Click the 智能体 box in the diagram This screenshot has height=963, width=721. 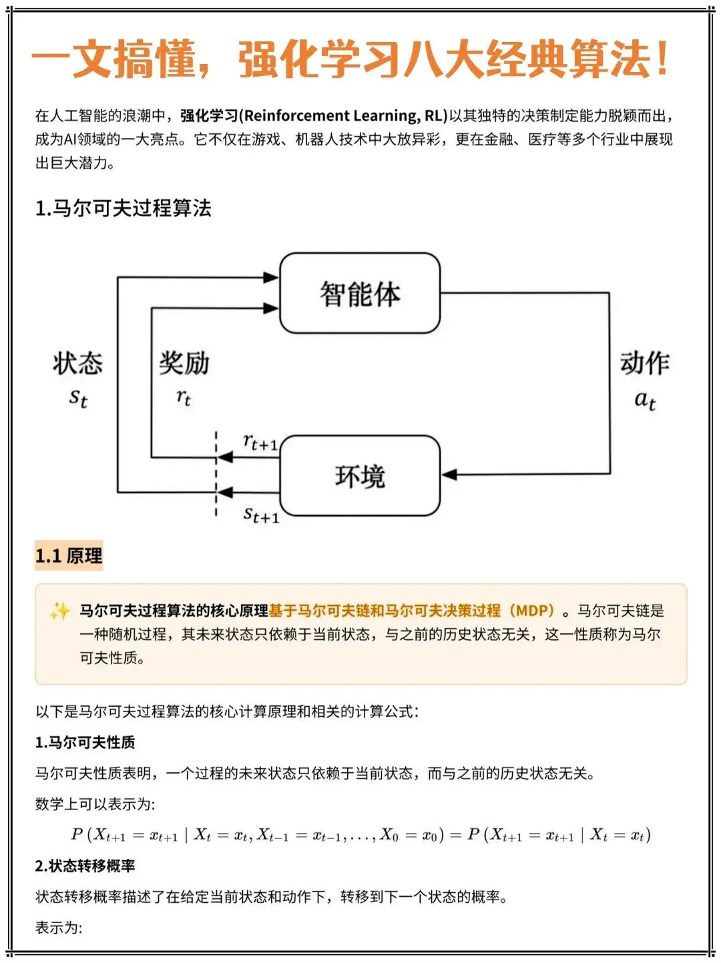[360, 294]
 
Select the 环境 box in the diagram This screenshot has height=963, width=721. [360, 476]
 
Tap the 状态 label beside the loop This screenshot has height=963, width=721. [78, 364]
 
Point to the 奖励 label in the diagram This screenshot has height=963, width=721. [184, 364]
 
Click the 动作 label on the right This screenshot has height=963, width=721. [644, 364]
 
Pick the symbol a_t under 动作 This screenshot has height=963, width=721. [644, 400]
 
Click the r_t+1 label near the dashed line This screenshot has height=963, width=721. [260, 442]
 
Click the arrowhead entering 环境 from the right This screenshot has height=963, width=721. [449, 474]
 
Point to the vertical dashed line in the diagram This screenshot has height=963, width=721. [216, 474]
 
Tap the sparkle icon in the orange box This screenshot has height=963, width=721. [59, 611]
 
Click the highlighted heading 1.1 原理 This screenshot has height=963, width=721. [69, 556]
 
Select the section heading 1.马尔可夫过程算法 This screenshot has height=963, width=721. [124, 208]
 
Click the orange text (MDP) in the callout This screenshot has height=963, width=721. [531, 611]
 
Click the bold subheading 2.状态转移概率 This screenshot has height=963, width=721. [85, 866]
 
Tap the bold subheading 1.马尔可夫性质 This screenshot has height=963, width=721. [85, 742]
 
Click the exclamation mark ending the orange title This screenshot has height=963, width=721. [662, 59]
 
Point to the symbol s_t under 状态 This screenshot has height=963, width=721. [78, 398]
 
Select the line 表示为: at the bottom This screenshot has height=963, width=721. [59, 928]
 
